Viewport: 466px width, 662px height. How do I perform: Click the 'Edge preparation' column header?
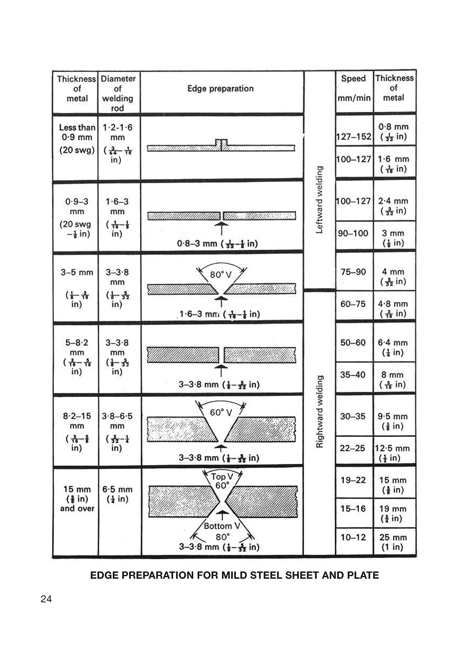pos(220,88)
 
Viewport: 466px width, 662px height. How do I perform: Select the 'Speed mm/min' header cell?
pos(354,88)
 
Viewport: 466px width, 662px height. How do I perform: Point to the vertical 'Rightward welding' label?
pos(319,411)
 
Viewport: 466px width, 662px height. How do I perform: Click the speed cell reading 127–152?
pos(354,137)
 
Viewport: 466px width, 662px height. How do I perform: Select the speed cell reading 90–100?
pos(353,233)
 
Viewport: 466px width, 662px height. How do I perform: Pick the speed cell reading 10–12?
pos(353,537)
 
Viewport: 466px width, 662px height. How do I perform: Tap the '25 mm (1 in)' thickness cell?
pos(393,542)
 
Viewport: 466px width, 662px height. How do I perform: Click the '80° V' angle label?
pos(221,275)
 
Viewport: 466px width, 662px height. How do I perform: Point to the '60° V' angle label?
pos(221,412)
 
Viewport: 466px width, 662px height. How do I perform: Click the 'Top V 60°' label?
pos(222,481)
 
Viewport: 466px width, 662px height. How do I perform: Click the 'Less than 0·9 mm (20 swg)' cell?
pos(77,139)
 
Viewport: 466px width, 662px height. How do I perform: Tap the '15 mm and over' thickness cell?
pos(77,499)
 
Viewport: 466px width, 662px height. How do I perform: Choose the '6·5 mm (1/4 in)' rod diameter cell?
pos(117,494)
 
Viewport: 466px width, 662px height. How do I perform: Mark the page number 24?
pos(46,599)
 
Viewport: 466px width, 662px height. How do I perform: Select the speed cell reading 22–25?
pos(352,448)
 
